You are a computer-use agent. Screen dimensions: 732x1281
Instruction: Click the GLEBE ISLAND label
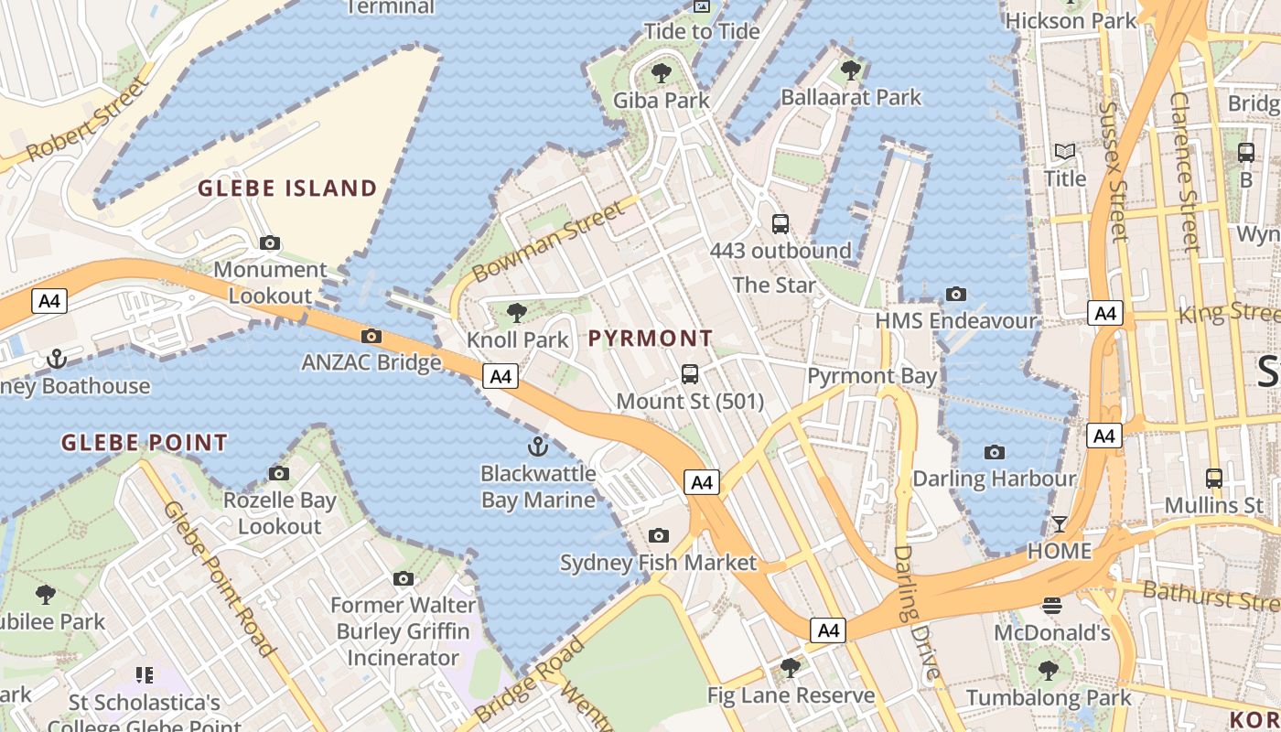pyautogui.click(x=287, y=188)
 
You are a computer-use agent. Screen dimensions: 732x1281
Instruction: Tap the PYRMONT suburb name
pyautogui.click(x=650, y=339)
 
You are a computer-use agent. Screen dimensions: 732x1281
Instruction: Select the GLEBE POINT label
pyautogui.click(x=144, y=443)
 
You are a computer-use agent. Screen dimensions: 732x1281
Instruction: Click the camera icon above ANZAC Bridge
pyautogui.click(x=371, y=336)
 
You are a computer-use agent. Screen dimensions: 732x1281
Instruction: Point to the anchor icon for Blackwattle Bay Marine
pyautogui.click(x=538, y=447)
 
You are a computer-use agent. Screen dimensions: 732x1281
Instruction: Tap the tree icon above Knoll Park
pyautogui.click(x=517, y=313)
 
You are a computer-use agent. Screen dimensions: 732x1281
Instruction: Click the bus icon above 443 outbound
pyautogui.click(x=780, y=223)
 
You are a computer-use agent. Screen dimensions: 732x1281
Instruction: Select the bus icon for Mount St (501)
pyautogui.click(x=690, y=374)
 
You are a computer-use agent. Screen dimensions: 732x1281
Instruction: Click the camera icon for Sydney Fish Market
pyautogui.click(x=658, y=535)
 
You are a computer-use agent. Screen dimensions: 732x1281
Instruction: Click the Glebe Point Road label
pyautogui.click(x=220, y=578)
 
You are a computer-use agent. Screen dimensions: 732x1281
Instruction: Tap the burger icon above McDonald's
pyautogui.click(x=1051, y=605)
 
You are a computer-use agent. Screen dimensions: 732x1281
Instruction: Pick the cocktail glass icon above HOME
pyautogui.click(x=1060, y=524)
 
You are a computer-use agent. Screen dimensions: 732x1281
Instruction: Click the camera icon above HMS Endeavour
pyautogui.click(x=956, y=294)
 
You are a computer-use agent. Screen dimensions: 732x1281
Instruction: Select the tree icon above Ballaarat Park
pyautogui.click(x=851, y=70)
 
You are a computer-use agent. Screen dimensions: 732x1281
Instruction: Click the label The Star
pyautogui.click(x=774, y=285)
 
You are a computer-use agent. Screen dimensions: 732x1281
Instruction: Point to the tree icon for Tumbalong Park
pyautogui.click(x=1049, y=671)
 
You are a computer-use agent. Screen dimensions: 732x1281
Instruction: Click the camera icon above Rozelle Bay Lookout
pyautogui.click(x=279, y=473)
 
